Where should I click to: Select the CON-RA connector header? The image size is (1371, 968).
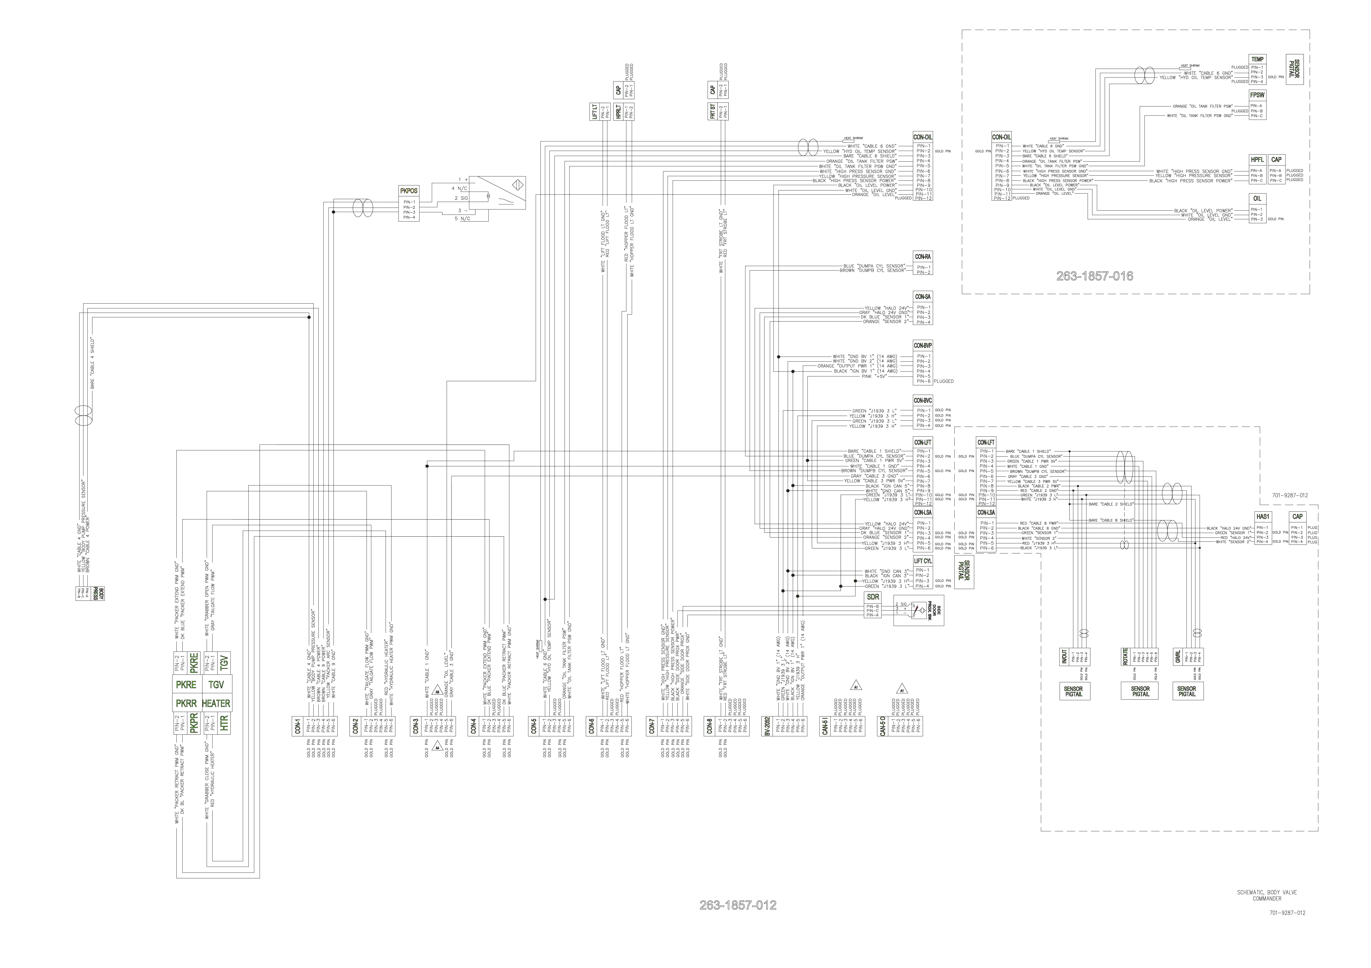tap(923, 257)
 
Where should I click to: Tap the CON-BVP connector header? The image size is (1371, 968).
tap(923, 346)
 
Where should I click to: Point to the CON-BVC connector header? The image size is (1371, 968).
tap(923, 401)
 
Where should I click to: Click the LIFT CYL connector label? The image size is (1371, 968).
tap(923, 561)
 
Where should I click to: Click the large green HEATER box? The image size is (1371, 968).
tap(216, 704)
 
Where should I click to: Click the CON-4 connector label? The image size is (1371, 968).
tap(474, 725)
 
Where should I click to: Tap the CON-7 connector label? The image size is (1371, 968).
tap(652, 725)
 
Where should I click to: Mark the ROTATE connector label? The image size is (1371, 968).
tap(1126, 657)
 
